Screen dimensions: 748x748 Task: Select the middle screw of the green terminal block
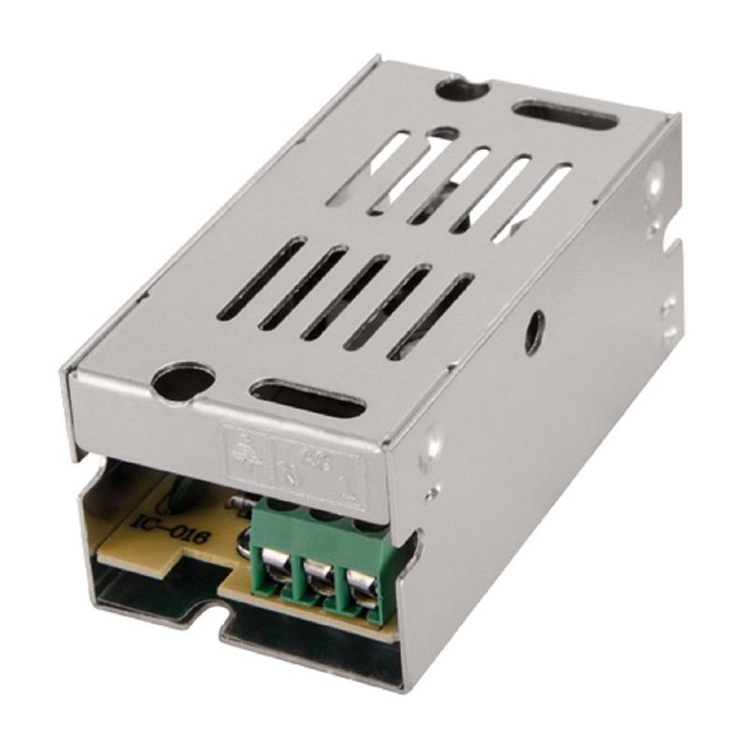(319, 573)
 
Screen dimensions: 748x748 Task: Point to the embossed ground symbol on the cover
(241, 446)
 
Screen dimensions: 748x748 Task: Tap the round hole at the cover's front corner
(182, 381)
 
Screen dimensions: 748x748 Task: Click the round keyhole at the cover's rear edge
(461, 90)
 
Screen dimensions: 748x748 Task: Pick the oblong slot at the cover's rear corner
(565, 115)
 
